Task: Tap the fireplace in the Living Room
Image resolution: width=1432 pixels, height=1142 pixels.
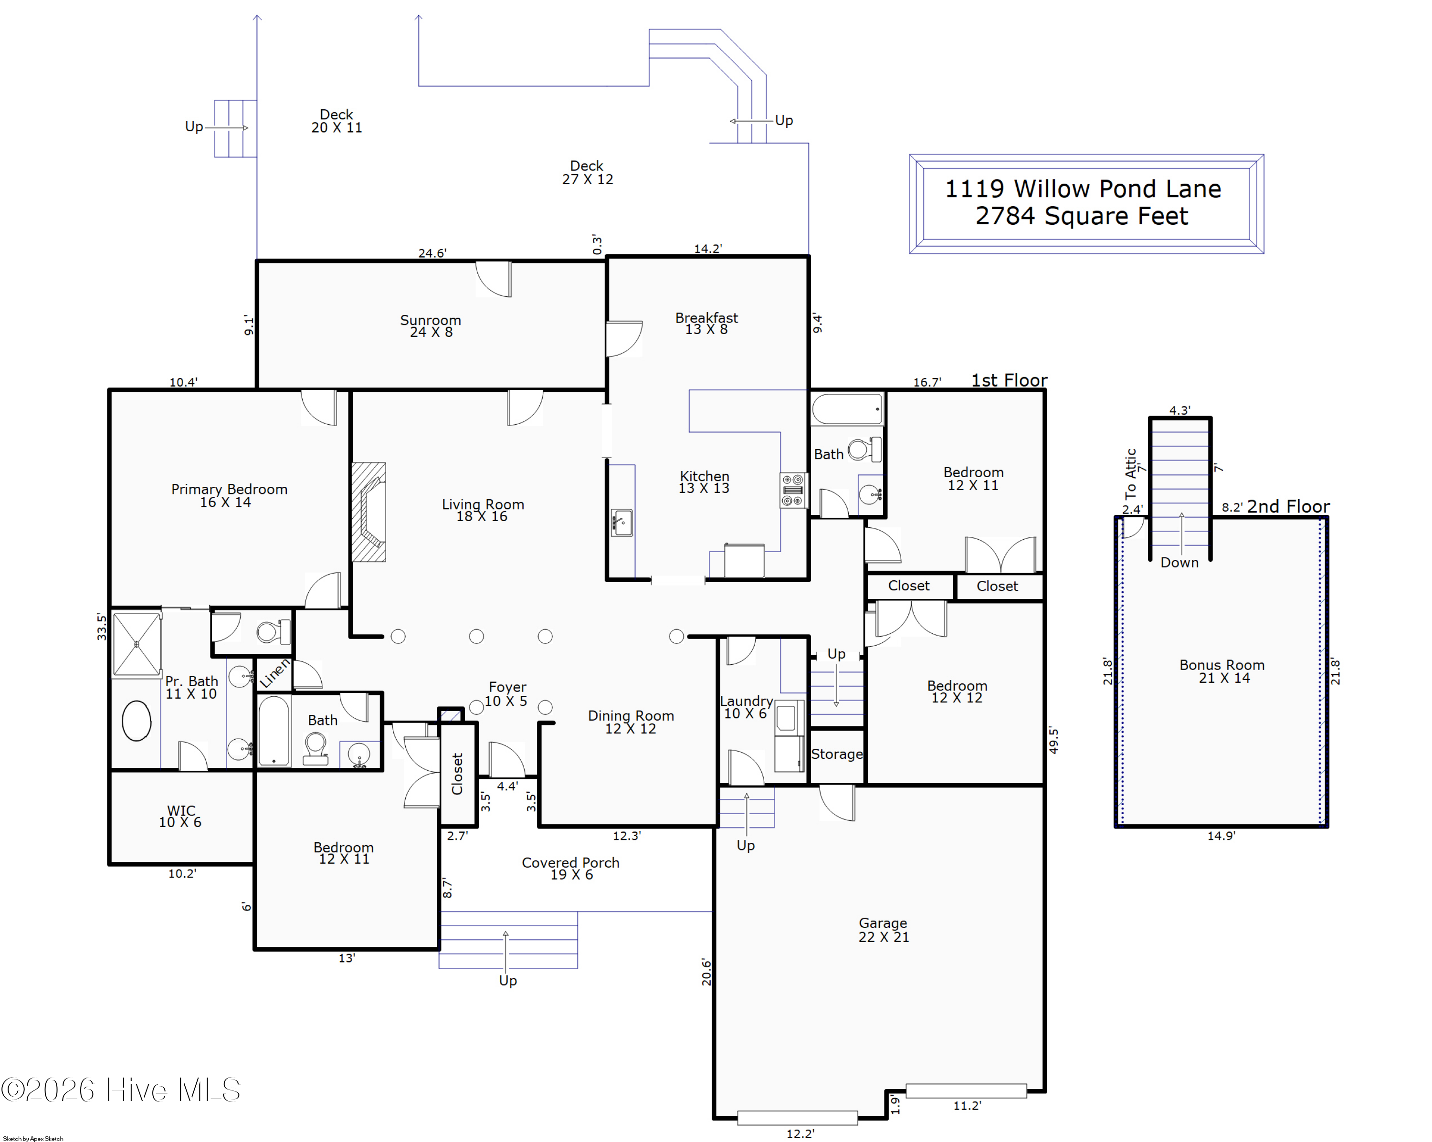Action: pyautogui.click(x=369, y=512)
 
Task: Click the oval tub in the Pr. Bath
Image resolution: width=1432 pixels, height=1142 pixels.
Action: pyautogui.click(x=137, y=721)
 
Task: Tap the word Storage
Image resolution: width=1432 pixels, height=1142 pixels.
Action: pyautogui.click(x=837, y=754)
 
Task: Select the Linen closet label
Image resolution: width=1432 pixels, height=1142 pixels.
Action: pyautogui.click(x=274, y=673)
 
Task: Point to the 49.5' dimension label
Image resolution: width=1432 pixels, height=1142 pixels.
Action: pyautogui.click(x=1053, y=740)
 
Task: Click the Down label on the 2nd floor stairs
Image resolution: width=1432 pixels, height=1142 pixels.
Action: pyautogui.click(x=1179, y=562)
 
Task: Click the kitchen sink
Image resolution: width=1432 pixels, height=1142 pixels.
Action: pyautogui.click(x=621, y=523)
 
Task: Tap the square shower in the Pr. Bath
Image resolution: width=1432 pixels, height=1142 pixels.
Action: pyautogui.click(x=137, y=644)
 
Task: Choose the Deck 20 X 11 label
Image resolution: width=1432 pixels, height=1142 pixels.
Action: pyautogui.click(x=337, y=121)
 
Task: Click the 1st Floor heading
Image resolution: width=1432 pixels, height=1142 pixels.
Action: pyautogui.click(x=1010, y=380)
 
